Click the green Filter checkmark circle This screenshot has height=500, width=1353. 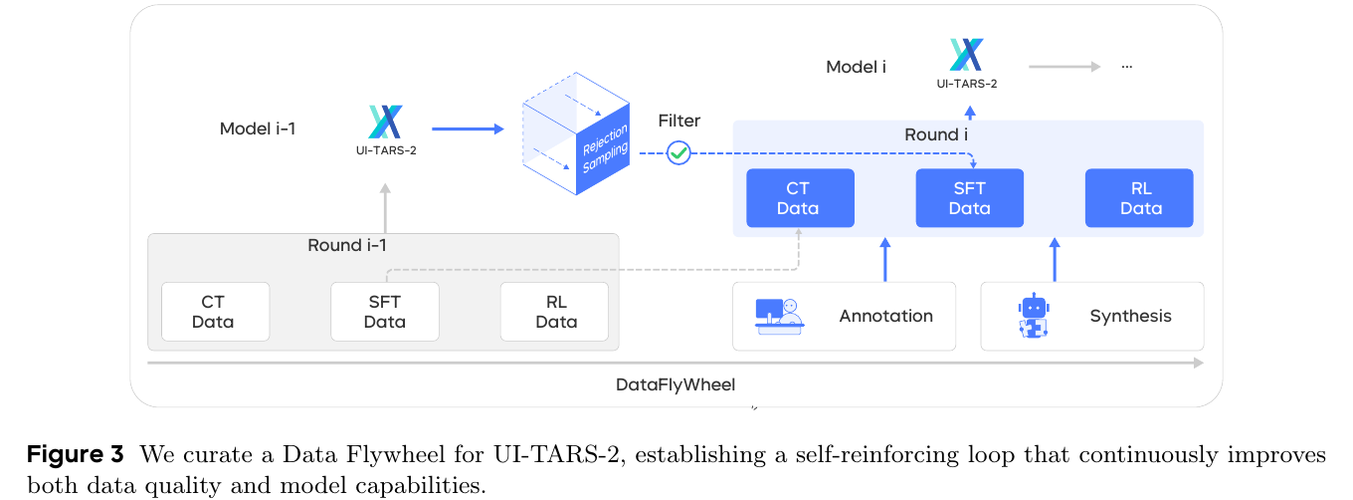click(678, 152)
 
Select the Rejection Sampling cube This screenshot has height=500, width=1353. click(577, 132)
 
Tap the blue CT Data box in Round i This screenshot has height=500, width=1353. click(800, 198)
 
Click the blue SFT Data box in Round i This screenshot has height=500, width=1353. click(969, 198)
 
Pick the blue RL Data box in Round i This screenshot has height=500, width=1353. click(1139, 198)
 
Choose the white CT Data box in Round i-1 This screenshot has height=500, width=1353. click(215, 312)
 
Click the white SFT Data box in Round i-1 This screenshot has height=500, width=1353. click(385, 312)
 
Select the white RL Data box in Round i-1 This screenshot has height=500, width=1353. click(554, 312)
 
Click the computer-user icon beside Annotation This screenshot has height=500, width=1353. click(778, 316)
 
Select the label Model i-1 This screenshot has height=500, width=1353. click(258, 128)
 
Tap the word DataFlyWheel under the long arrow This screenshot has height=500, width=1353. click(676, 384)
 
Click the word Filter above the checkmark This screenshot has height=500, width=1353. click(678, 121)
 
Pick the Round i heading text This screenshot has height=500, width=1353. click(937, 134)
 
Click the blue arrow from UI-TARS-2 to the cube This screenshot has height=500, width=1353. click(468, 128)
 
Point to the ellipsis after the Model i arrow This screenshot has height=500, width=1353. click(1127, 66)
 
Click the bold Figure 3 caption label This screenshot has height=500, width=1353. click(76, 455)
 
